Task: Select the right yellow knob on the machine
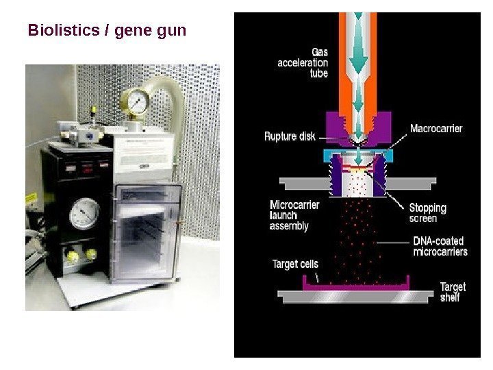[x=89, y=255]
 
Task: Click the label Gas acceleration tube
[x=303, y=62]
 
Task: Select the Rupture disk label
[x=290, y=136]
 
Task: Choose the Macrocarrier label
[x=436, y=128]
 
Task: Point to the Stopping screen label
[x=427, y=212]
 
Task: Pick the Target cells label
[x=295, y=264]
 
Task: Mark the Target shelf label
[x=452, y=292]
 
